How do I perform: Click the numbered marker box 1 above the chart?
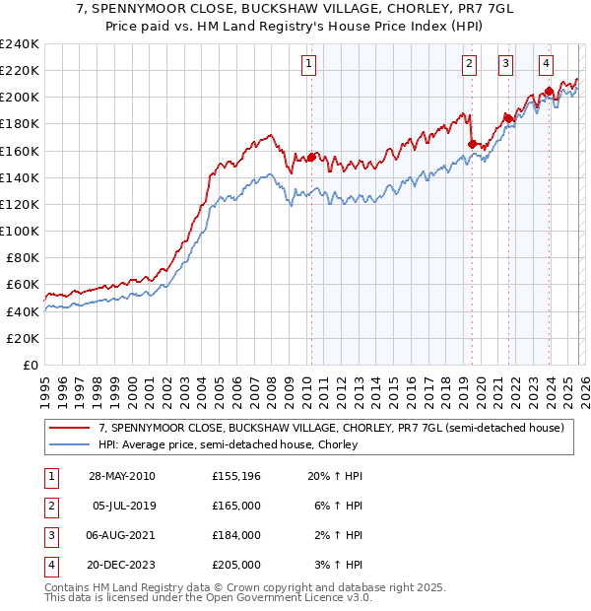coord(309,64)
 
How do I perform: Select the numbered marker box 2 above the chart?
coord(469,64)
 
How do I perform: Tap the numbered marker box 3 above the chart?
coord(505,64)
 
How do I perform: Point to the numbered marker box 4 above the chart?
coord(546,64)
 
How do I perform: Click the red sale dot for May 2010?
coord(311,157)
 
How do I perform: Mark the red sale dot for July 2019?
coord(471,144)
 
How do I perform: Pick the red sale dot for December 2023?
coord(549,91)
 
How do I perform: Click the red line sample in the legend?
coord(69,428)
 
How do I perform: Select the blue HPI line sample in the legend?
coord(69,444)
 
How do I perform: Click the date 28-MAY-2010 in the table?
coord(121,476)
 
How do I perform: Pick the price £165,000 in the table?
coord(236,506)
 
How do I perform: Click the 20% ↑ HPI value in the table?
coord(337,476)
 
